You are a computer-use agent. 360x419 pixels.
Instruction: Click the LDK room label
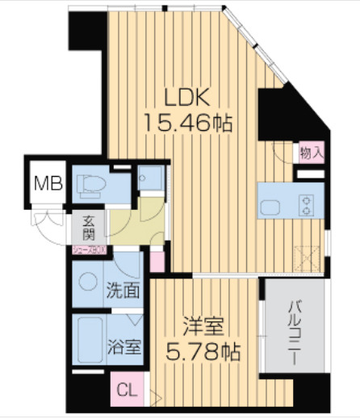187,98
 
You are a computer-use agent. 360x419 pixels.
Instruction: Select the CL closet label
127,392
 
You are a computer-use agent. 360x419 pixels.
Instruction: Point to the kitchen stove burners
308,202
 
